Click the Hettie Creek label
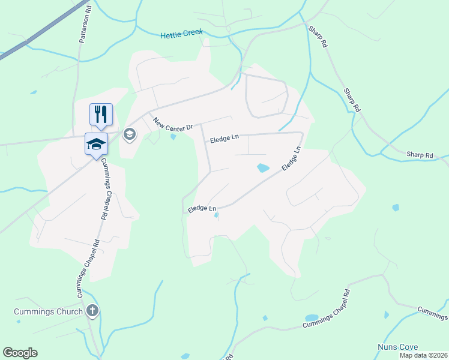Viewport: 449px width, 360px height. pyautogui.click(x=181, y=35)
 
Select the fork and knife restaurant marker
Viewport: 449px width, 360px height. pyautogui.click(x=101, y=114)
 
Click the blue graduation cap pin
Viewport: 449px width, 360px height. pyautogui.click(x=96, y=144)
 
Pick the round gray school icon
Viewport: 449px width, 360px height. pyautogui.click(x=129, y=134)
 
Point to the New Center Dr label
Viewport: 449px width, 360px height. pyautogui.click(x=173, y=124)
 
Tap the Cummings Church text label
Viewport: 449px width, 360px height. pyautogui.click(x=49, y=311)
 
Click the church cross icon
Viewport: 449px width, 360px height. pyautogui.click(x=92, y=311)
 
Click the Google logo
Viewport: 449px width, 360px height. pyautogui.click(x=20, y=353)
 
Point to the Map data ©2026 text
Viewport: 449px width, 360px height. pyautogui.click(x=423, y=355)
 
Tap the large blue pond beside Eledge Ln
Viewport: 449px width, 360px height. pyautogui.click(x=263, y=169)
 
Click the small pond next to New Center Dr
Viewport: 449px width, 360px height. pyautogui.click(x=173, y=136)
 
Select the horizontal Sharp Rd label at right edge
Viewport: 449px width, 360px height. pyautogui.click(x=420, y=155)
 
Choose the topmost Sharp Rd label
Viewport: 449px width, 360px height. pyautogui.click(x=318, y=37)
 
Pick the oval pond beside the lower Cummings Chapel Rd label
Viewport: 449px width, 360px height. pyautogui.click(x=312, y=318)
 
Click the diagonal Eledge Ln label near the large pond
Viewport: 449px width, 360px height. pyautogui.click(x=291, y=160)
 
